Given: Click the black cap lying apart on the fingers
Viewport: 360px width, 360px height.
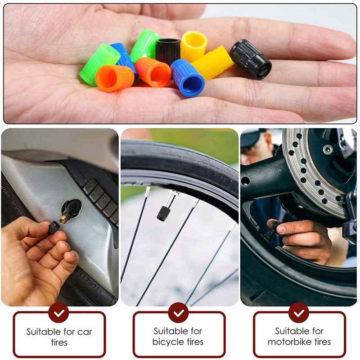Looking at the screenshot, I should tap(251, 59).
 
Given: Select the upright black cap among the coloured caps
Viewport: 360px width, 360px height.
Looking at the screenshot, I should tap(168, 50).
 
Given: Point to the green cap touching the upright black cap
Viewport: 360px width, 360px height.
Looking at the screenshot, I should tap(145, 45).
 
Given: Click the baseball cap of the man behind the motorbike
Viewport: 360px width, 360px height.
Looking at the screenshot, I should tap(253, 137).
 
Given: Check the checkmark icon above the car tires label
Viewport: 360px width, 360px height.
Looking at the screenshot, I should tap(58, 312).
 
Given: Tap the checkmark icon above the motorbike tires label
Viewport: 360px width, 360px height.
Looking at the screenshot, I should tap(298, 312).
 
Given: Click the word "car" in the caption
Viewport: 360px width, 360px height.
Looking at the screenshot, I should tap(85, 332).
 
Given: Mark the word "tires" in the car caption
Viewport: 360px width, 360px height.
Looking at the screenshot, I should tap(59, 342).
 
